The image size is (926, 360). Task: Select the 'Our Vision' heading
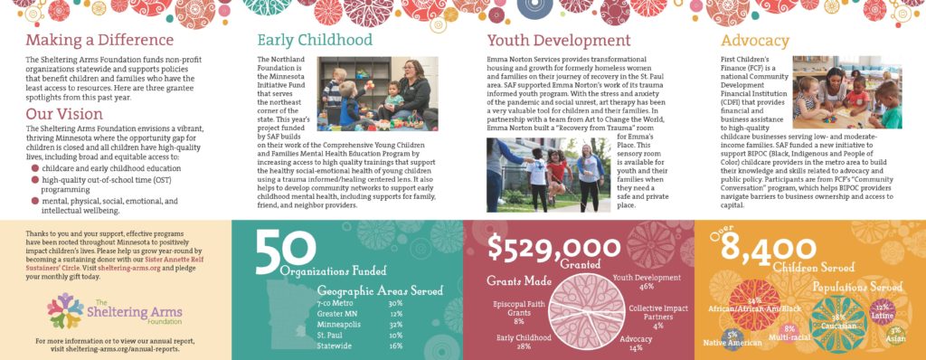click(x=63, y=115)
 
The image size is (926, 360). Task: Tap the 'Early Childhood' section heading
click(x=315, y=41)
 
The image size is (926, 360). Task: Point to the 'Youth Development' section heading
click(x=559, y=41)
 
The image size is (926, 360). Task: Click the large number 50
click(x=273, y=252)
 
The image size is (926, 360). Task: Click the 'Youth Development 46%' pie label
click(x=647, y=282)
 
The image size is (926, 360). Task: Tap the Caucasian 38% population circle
click(x=838, y=320)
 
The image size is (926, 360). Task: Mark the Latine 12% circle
click(x=883, y=313)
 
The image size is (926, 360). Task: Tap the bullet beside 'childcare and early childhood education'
click(x=35, y=168)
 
